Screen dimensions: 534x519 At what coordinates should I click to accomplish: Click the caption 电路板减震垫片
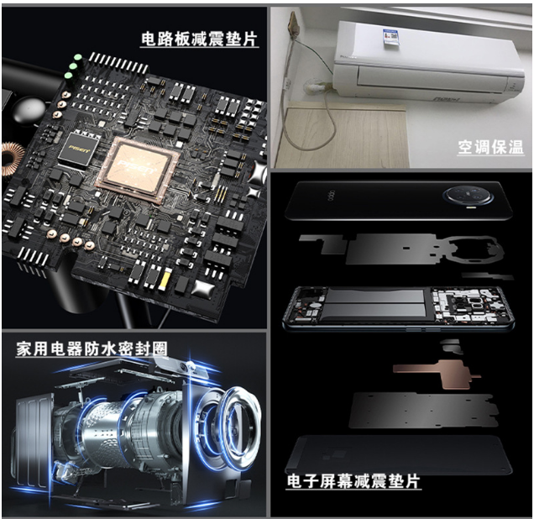pyautogui.click(x=199, y=39)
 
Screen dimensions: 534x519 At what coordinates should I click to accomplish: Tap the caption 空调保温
pyautogui.click(x=490, y=147)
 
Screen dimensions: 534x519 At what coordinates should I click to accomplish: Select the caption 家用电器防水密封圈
pyautogui.click(x=92, y=349)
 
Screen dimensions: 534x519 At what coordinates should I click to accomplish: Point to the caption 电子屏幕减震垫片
pyautogui.click(x=353, y=481)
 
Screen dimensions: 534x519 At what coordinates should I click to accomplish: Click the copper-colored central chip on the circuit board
pyautogui.click(x=137, y=169)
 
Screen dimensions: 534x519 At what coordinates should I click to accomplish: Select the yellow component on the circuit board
pyautogui.click(x=165, y=278)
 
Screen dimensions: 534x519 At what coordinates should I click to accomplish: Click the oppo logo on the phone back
pyautogui.click(x=331, y=197)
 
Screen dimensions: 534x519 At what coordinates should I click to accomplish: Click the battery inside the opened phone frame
pyautogui.click(x=375, y=304)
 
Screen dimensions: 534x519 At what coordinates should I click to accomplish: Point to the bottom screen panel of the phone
pyautogui.click(x=398, y=454)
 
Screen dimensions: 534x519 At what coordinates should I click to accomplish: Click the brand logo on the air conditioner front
pyautogui.click(x=447, y=99)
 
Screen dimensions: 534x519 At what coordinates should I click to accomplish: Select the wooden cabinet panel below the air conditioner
pyautogui.click(x=343, y=136)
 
